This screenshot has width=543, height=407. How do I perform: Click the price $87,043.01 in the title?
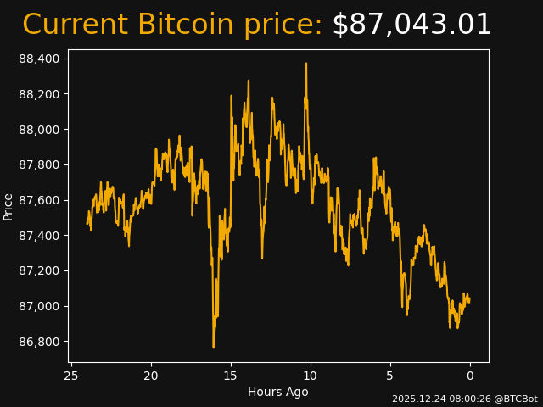(x=411, y=25)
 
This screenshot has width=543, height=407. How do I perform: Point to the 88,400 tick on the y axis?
(x=39, y=59)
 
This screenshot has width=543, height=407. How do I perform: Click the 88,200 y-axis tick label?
(x=39, y=94)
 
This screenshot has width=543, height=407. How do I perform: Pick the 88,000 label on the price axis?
(x=39, y=130)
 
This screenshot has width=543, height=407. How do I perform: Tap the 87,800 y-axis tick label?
(x=39, y=164)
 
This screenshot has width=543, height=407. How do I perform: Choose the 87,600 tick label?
(x=39, y=200)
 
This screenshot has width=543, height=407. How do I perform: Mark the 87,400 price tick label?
(x=39, y=236)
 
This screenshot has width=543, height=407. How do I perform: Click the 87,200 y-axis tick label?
(x=39, y=271)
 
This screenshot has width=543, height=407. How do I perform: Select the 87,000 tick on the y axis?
(x=39, y=306)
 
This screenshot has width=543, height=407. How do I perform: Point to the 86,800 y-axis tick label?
(x=39, y=342)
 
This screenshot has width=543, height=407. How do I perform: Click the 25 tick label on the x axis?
(x=71, y=376)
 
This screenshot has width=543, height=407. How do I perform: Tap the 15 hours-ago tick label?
(x=231, y=376)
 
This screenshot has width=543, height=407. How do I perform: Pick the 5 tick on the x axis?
(x=390, y=376)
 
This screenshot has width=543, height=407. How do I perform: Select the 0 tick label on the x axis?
(x=470, y=376)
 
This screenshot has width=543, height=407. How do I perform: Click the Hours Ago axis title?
(x=277, y=392)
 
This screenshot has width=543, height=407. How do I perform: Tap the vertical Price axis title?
(x=8, y=206)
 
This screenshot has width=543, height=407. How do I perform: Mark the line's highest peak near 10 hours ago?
(x=306, y=63)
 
